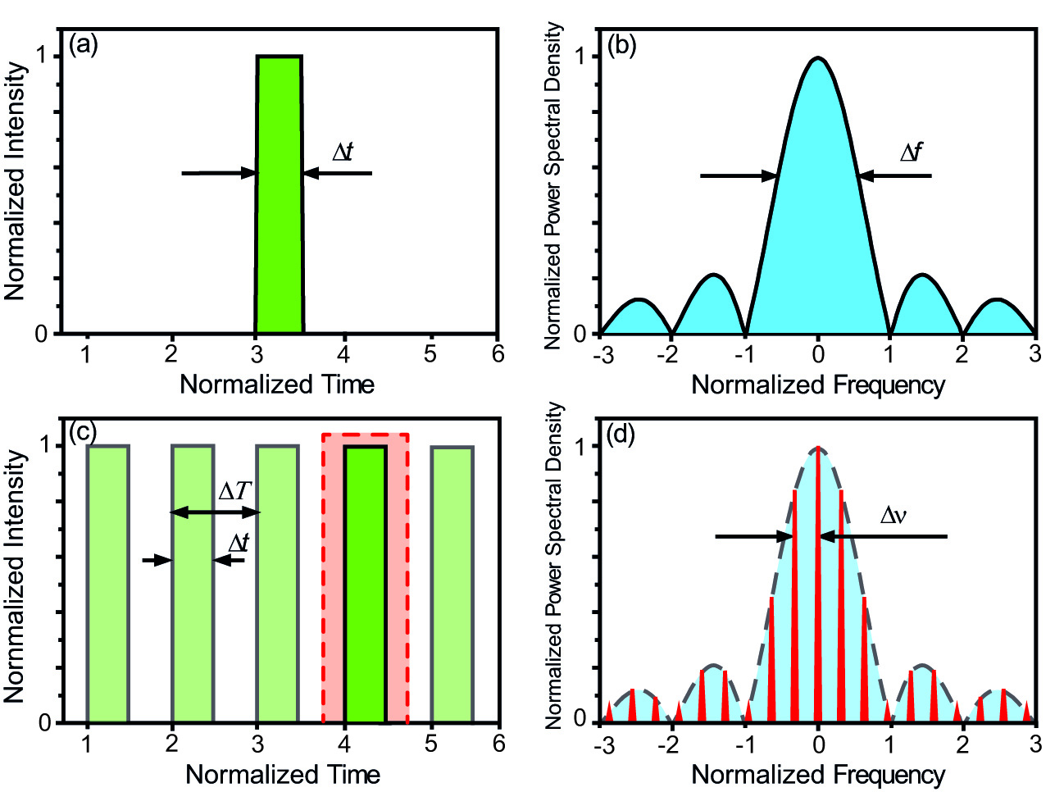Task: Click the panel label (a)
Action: pyautogui.click(x=84, y=45)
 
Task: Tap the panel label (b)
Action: pyautogui.click(x=622, y=45)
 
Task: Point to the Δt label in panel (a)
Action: pyautogui.click(x=343, y=152)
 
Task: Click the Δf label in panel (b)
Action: pyautogui.click(x=911, y=152)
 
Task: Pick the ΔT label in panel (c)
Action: pyautogui.click(x=234, y=491)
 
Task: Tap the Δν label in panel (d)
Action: pyautogui.click(x=893, y=515)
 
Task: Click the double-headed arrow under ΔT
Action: pyautogui.click(x=215, y=512)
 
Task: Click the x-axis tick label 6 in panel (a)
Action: pyautogui.click(x=498, y=354)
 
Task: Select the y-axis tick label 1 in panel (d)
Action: pyautogui.click(x=580, y=446)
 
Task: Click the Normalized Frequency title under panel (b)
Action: pyautogui.click(x=818, y=385)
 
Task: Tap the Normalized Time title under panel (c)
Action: pyautogui.click(x=283, y=774)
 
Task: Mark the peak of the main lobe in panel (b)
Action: pyautogui.click(x=818, y=58)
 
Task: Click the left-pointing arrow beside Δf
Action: pyautogui.click(x=893, y=175)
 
